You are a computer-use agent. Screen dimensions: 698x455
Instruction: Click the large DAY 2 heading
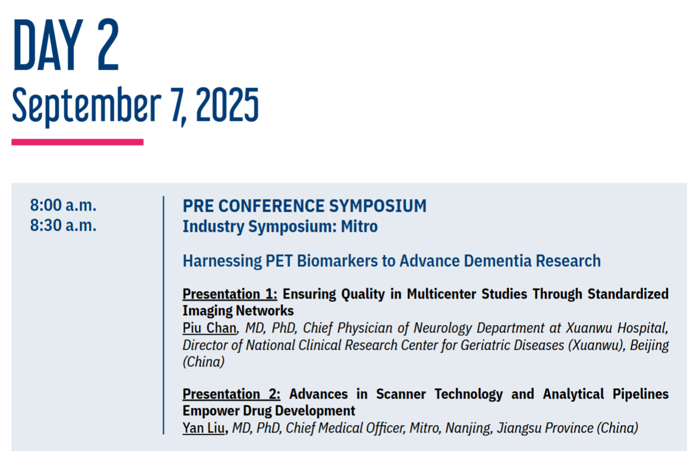click(65, 45)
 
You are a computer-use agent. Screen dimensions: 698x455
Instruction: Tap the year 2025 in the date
click(227, 105)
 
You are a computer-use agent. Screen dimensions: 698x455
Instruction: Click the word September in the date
click(87, 106)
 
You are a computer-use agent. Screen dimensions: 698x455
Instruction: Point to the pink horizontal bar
click(78, 142)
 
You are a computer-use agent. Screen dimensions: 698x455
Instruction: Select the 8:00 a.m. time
click(63, 205)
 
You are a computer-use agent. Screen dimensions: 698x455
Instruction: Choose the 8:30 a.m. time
click(63, 225)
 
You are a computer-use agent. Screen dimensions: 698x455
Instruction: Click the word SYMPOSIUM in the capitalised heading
click(377, 206)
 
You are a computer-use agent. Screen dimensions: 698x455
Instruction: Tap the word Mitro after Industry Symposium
click(359, 226)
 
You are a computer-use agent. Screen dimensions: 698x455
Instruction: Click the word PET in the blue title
click(279, 261)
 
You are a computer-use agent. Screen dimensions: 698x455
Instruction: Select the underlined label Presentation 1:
click(230, 294)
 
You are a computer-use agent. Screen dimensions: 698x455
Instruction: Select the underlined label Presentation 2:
click(231, 394)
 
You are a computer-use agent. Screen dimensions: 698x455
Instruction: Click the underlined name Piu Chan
click(209, 328)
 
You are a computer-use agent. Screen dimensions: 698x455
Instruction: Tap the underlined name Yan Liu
click(203, 428)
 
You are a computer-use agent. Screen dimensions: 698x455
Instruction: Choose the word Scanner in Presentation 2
click(401, 394)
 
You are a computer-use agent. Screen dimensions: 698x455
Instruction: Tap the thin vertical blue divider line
click(163, 315)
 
